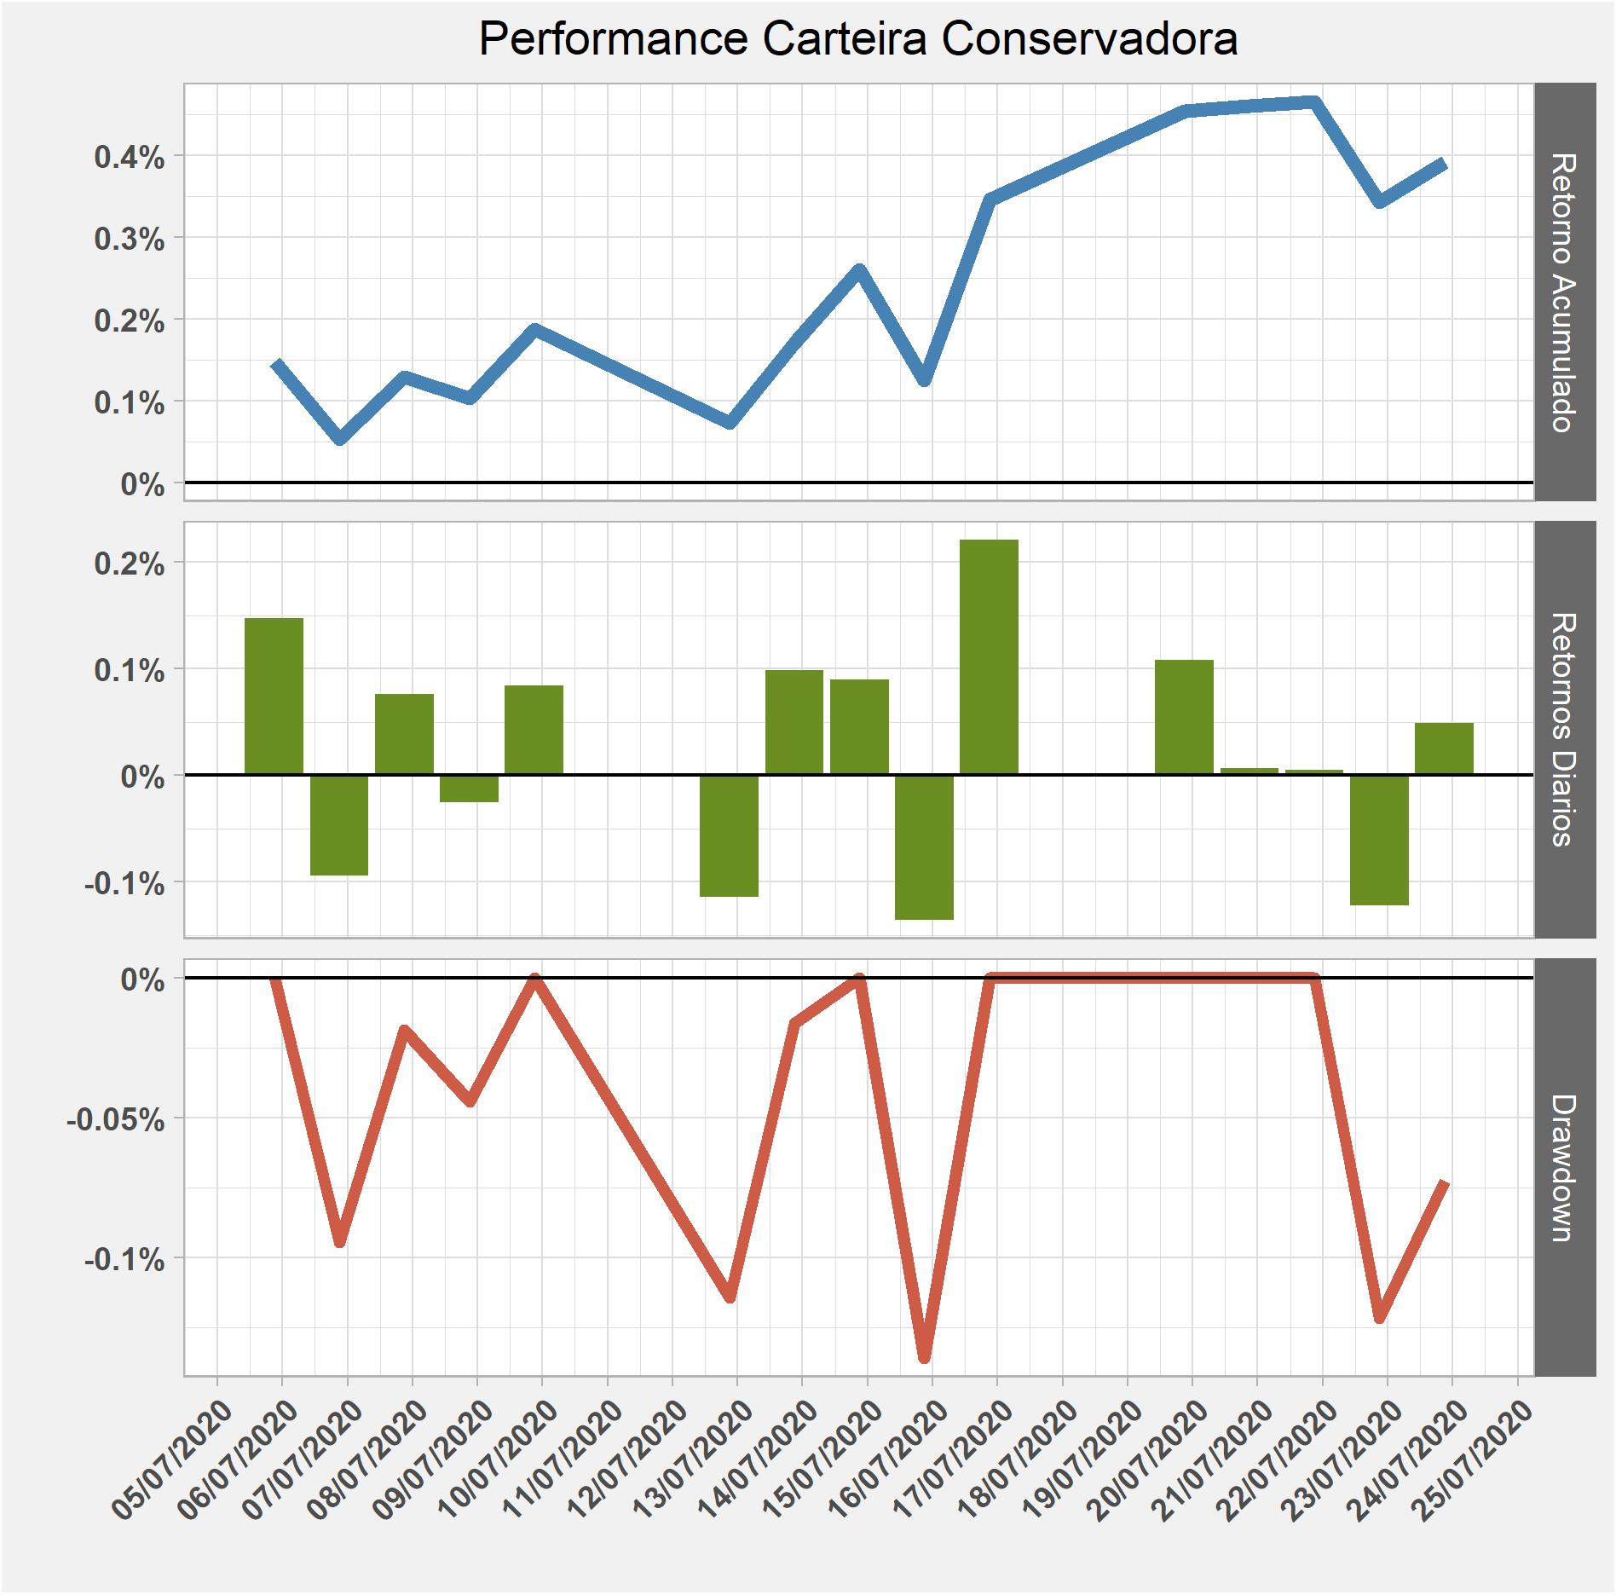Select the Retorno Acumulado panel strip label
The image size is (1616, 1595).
(1565, 292)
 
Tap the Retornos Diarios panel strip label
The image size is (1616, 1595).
(1565, 729)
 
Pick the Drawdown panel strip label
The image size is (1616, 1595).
(1565, 1167)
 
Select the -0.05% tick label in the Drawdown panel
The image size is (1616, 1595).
(116, 1119)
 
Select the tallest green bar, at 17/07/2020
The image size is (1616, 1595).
(989, 656)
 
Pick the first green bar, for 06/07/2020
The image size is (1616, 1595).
(274, 696)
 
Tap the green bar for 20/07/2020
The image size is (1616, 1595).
(1184, 717)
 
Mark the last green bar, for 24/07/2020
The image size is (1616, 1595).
(1444, 748)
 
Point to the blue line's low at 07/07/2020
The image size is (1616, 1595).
(340, 438)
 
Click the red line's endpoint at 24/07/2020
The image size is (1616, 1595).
(1445, 1182)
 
